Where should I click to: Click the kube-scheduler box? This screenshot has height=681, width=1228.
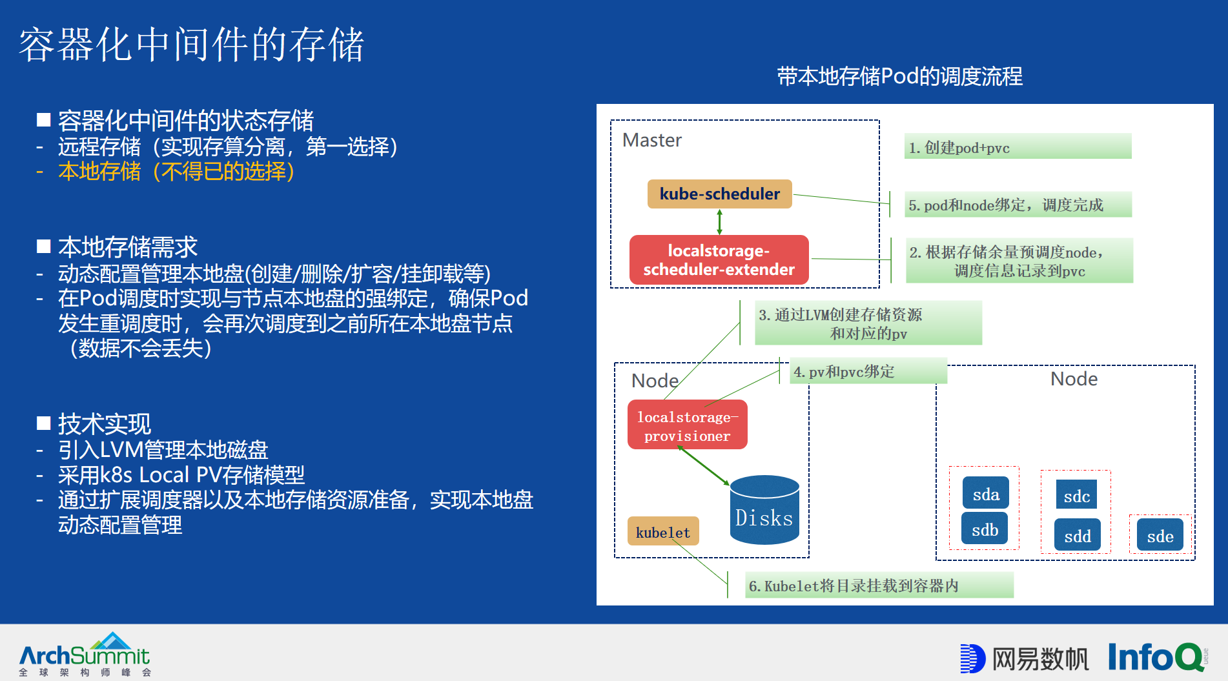(x=719, y=194)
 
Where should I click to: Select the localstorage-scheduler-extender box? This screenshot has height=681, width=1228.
(x=719, y=260)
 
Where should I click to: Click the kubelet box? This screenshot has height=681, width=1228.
(x=662, y=531)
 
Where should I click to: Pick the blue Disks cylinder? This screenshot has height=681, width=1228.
(x=764, y=510)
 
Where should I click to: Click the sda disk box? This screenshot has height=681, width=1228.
(x=985, y=494)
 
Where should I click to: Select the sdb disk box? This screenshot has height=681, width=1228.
(x=985, y=529)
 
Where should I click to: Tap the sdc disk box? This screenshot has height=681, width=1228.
(x=1076, y=496)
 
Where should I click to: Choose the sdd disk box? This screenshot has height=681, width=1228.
(x=1077, y=535)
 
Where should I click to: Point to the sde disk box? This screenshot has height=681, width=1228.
(x=1160, y=535)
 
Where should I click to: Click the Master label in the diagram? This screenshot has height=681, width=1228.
(x=651, y=140)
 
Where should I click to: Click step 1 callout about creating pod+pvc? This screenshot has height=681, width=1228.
(x=1018, y=147)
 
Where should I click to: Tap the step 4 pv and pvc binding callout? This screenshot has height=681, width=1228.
(x=868, y=371)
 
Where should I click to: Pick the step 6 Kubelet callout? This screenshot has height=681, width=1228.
(x=879, y=585)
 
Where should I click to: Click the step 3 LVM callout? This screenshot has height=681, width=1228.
(x=868, y=323)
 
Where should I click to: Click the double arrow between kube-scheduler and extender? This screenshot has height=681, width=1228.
(x=719, y=221)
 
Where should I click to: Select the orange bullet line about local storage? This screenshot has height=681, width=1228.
(x=176, y=172)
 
